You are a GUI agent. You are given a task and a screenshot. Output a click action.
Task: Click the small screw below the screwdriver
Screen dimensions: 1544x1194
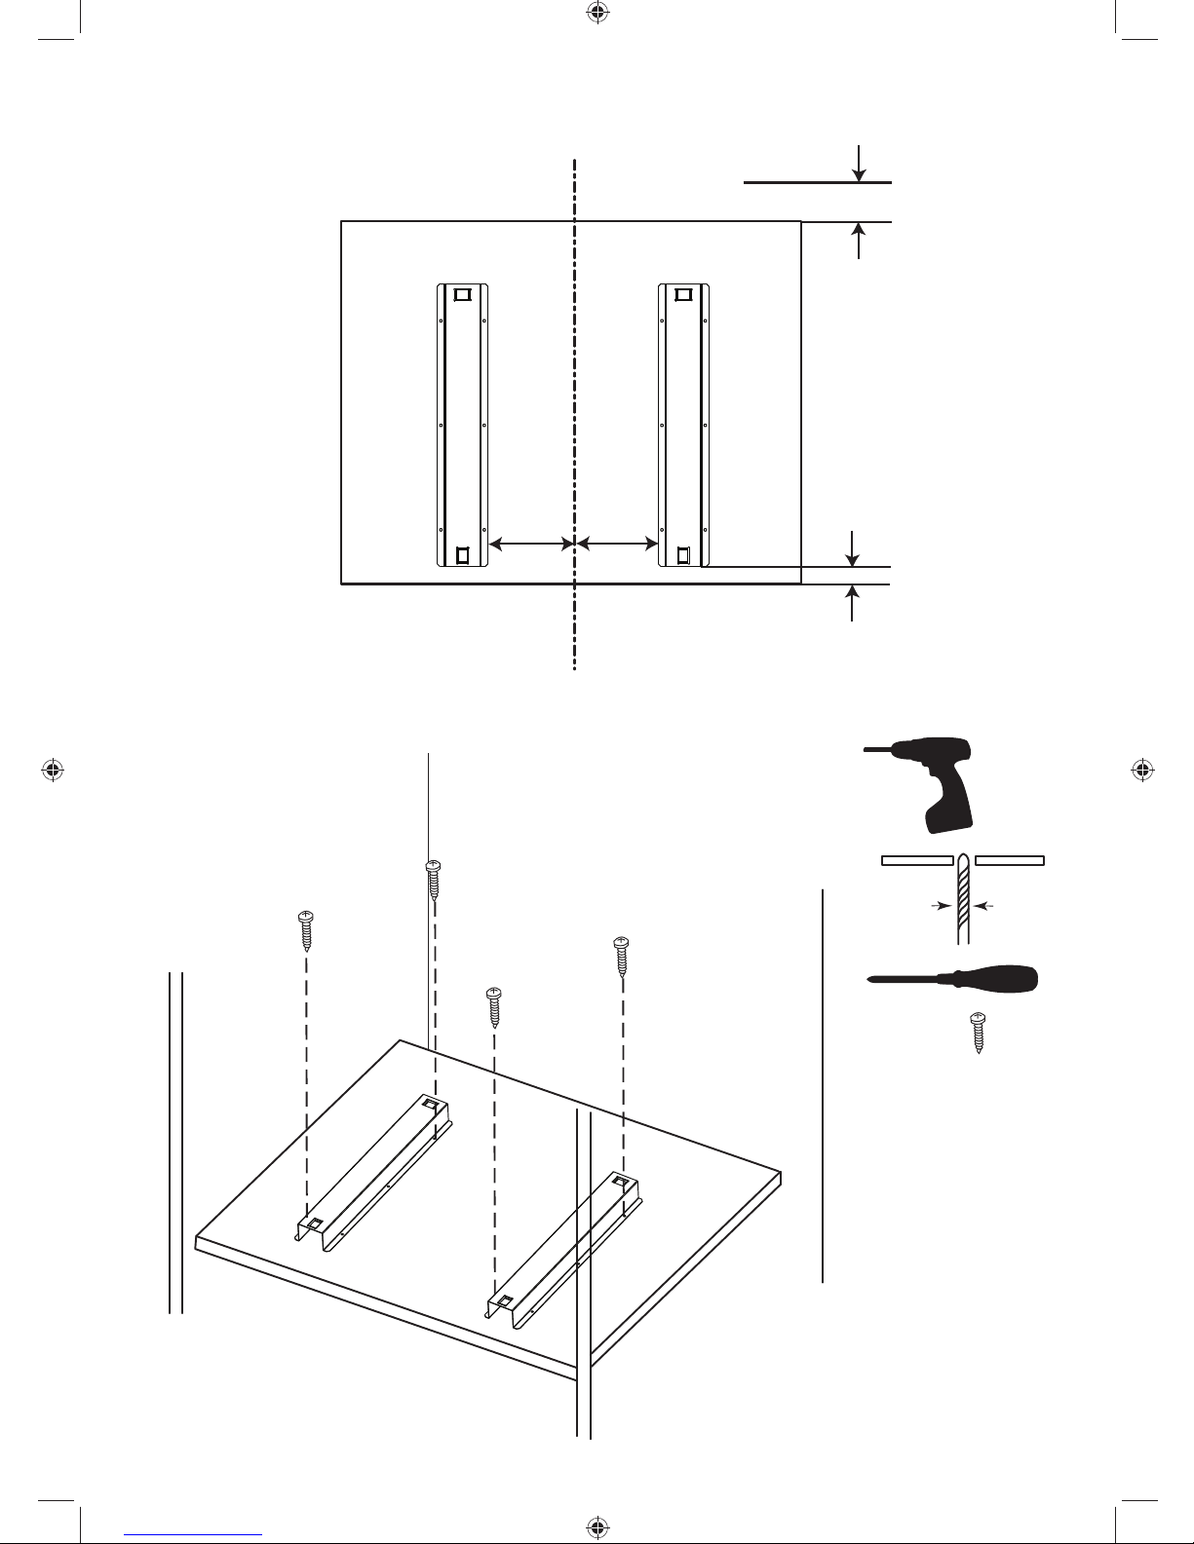978,1033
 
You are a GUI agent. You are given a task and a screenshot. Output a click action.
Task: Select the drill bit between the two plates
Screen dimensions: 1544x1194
963,896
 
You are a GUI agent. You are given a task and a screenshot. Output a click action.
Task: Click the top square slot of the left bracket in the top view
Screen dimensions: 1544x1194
462,294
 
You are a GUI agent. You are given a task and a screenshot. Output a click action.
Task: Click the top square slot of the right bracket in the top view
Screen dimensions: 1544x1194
684,294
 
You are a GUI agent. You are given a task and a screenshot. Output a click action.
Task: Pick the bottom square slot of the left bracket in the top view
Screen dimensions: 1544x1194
462,554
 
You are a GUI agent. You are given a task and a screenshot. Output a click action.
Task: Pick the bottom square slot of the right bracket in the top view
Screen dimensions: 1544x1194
684,554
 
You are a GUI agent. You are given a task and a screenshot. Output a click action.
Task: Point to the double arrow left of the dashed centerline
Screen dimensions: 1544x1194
530,542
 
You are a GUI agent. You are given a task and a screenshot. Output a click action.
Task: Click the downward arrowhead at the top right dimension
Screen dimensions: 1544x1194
859,173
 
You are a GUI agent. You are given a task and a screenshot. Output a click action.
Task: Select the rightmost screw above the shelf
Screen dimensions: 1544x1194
620,956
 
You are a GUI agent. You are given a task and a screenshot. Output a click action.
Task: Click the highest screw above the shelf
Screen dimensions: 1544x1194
434,879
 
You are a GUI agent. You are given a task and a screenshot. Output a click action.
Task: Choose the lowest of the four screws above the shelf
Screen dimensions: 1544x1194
494,1006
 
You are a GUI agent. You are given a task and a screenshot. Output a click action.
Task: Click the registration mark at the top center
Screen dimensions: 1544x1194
597,13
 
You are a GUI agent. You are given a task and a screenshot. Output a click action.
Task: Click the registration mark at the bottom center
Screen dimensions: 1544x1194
597,1526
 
